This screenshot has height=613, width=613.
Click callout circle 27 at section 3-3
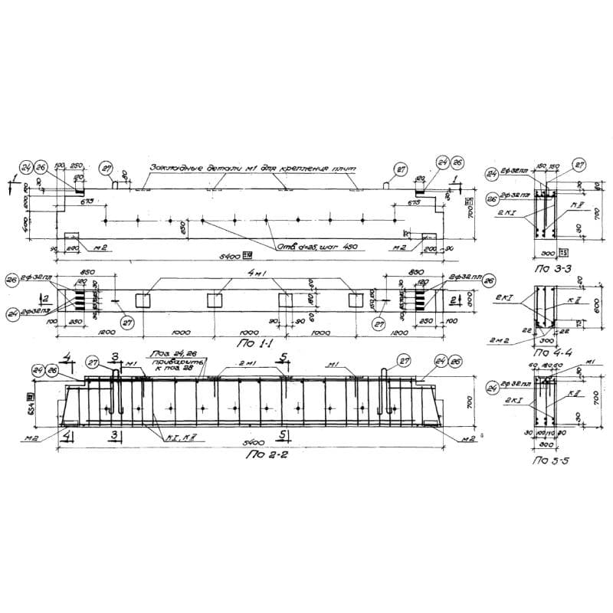579,165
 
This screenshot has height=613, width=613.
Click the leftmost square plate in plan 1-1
143,300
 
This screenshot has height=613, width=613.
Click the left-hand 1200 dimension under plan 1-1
99,334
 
